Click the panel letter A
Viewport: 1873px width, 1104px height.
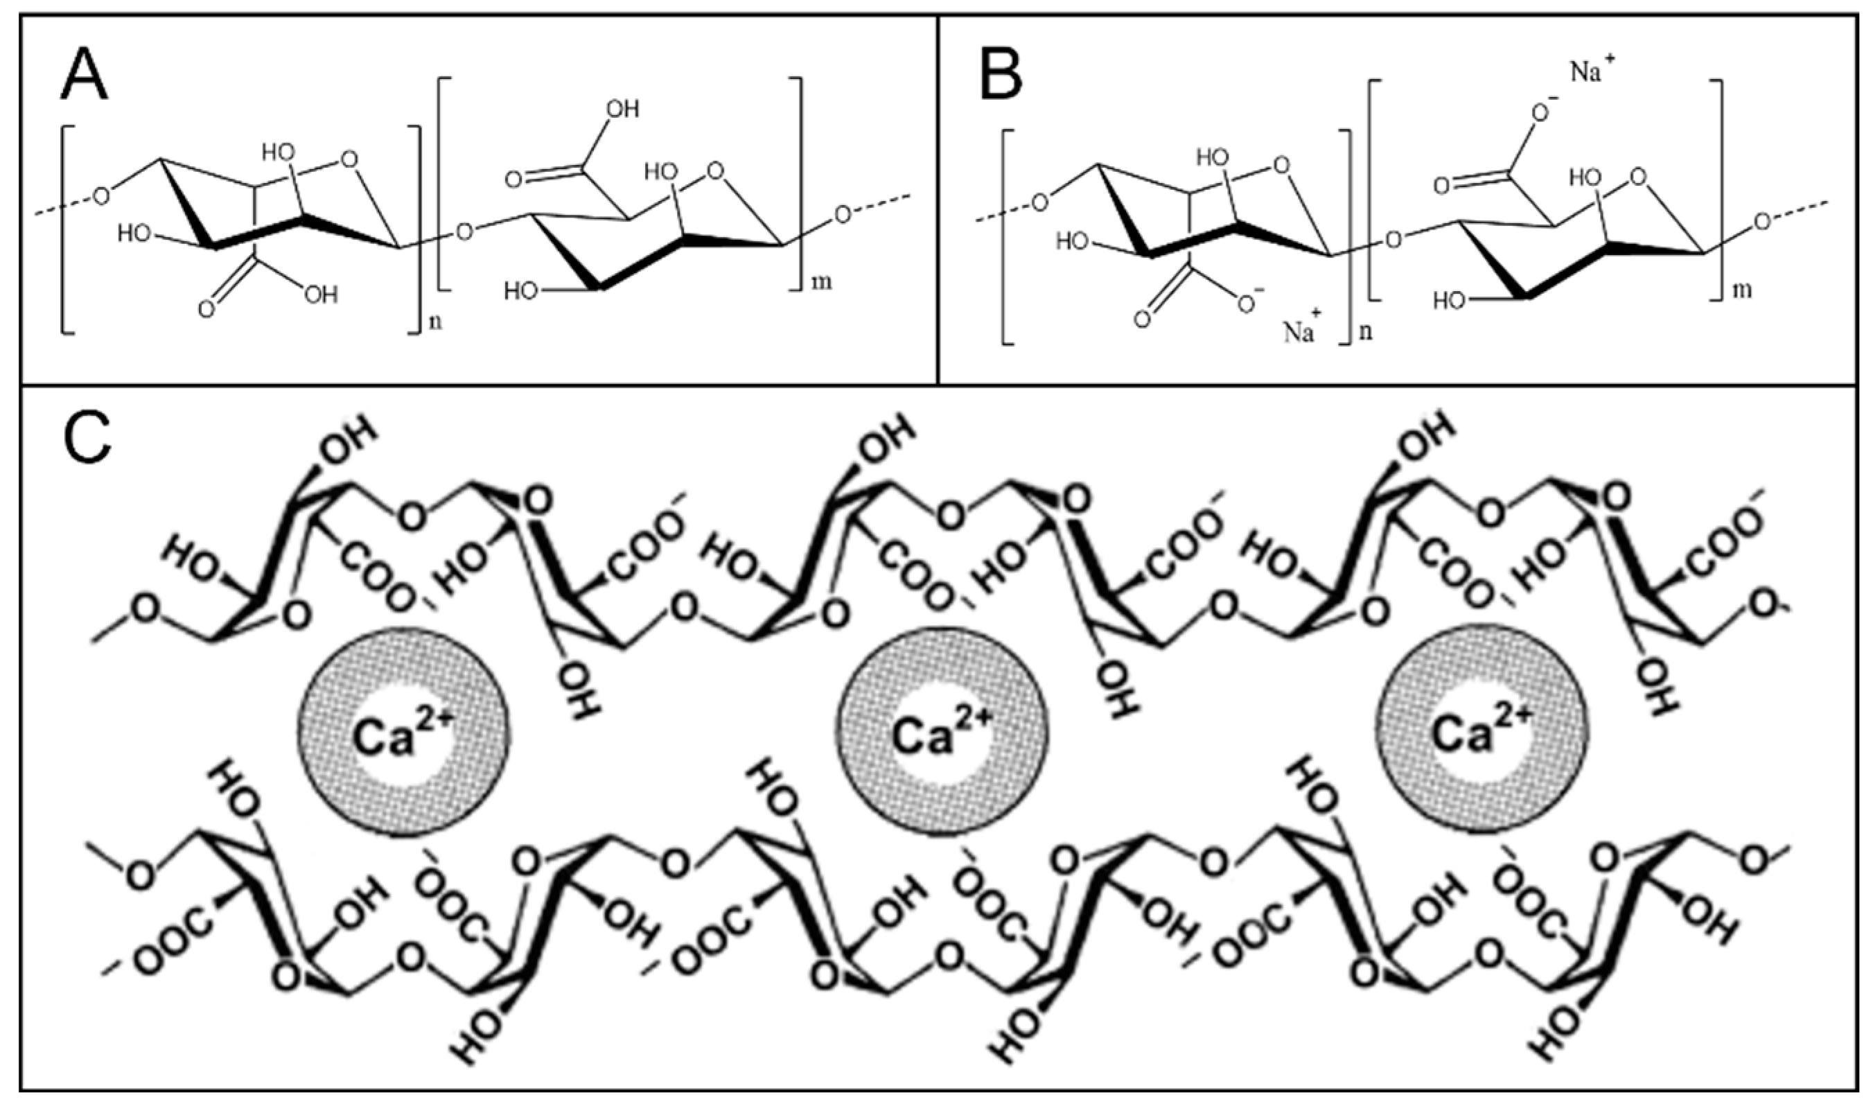pos(83,78)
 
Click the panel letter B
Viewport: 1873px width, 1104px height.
pos(1001,78)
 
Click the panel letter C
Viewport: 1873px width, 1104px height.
pos(87,444)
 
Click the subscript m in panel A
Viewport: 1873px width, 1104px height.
pos(822,281)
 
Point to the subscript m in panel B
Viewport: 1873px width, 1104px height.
pos(1742,288)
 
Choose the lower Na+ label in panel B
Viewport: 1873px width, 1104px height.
pos(1299,331)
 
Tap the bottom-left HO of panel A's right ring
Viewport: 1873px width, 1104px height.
pos(520,290)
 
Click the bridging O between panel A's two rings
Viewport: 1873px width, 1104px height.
pos(464,233)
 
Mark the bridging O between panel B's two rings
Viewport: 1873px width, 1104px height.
pos(1393,240)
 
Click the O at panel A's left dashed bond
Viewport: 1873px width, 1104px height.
pos(101,196)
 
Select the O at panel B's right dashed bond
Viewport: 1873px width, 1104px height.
pos(1761,221)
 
